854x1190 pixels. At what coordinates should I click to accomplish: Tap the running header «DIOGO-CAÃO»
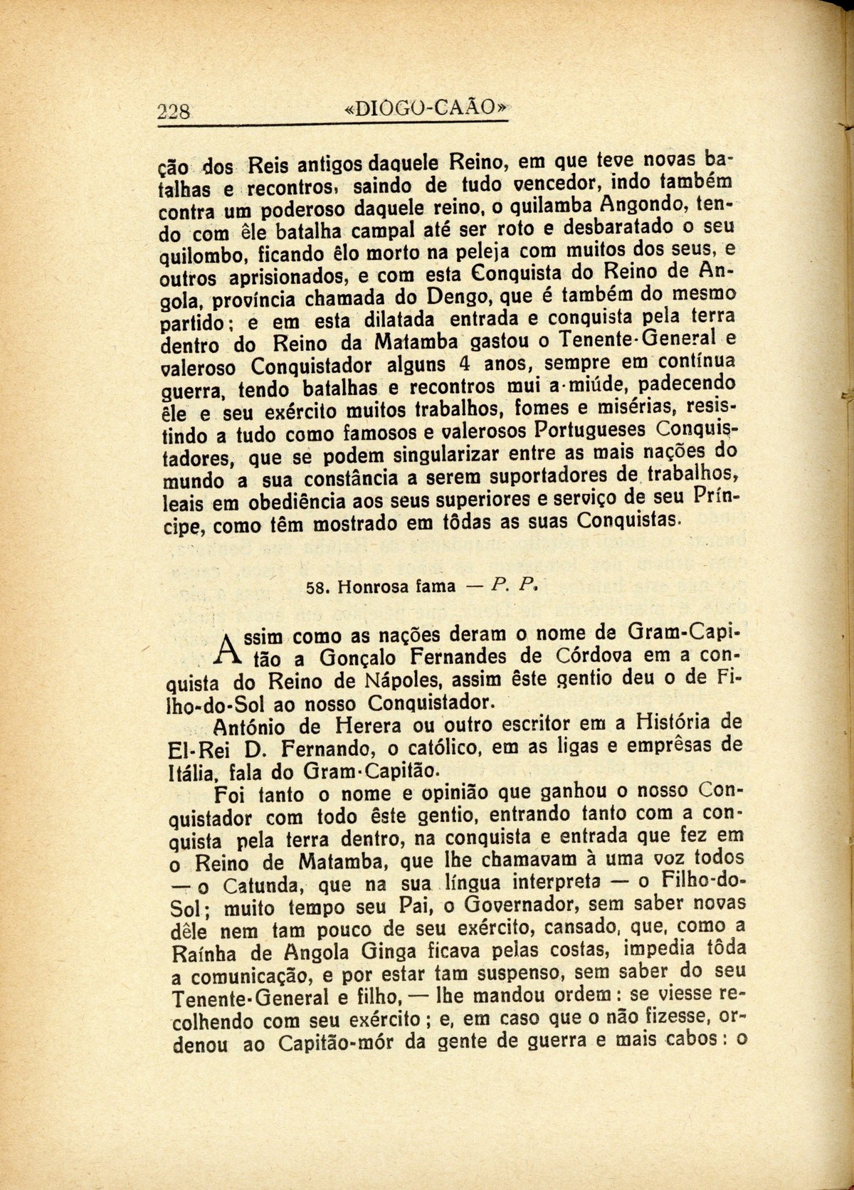click(426, 108)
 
